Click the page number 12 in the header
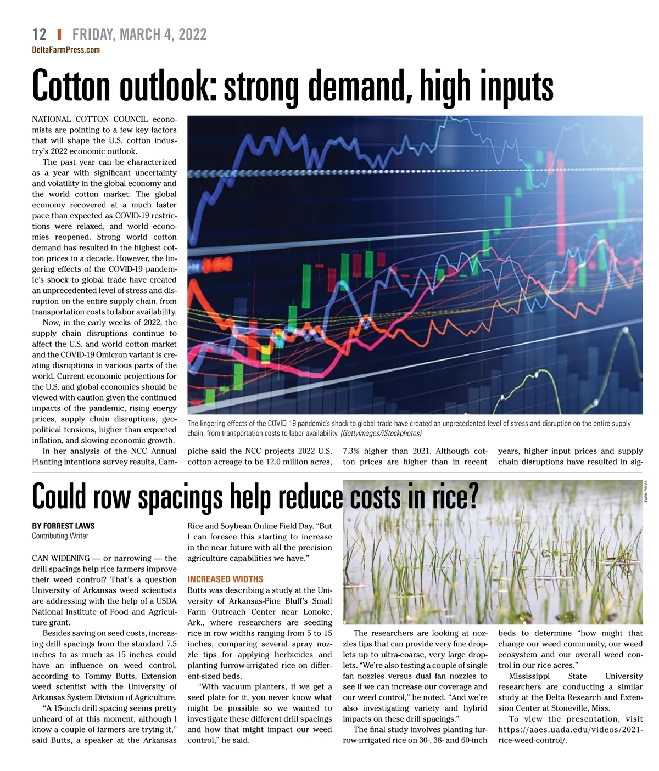(40, 35)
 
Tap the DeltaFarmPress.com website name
(66, 50)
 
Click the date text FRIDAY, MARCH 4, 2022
(139, 35)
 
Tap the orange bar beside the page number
(59, 35)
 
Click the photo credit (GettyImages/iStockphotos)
(381, 434)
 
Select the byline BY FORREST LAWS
(63, 526)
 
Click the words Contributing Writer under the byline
(60, 536)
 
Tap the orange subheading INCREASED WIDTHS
(225, 579)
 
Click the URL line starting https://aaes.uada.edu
(570, 730)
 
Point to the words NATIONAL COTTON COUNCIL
(90, 119)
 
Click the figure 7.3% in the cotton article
(352, 451)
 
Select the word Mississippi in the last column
(529, 676)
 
